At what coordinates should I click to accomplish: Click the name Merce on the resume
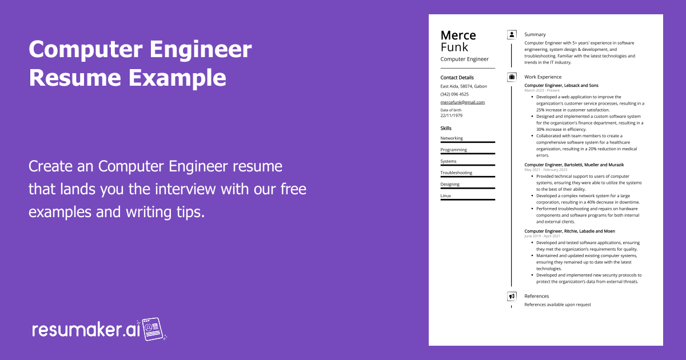(x=458, y=35)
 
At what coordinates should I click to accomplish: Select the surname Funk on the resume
(x=454, y=47)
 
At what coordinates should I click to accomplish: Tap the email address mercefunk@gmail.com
(x=462, y=102)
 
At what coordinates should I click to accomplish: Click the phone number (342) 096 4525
(x=454, y=94)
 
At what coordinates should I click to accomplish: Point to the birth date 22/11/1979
(x=451, y=115)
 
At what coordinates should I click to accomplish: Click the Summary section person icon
(x=512, y=35)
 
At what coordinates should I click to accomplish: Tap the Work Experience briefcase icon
(x=512, y=77)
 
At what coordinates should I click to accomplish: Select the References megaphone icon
(x=512, y=296)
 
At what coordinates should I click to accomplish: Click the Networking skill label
(x=452, y=138)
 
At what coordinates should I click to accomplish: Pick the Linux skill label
(x=445, y=195)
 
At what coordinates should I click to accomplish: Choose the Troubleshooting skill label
(x=456, y=173)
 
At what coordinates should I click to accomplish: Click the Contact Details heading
(x=457, y=78)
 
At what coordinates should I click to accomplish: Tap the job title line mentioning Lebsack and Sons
(x=561, y=85)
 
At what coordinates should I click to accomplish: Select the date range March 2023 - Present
(x=542, y=90)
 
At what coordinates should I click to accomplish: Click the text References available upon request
(x=557, y=305)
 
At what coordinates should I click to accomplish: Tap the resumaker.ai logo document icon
(x=153, y=329)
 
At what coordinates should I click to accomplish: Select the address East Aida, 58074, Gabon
(x=464, y=86)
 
